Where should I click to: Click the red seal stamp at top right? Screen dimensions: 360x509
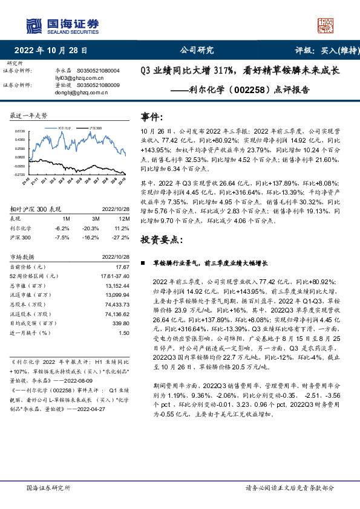327,25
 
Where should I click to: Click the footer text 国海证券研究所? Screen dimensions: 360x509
49,487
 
